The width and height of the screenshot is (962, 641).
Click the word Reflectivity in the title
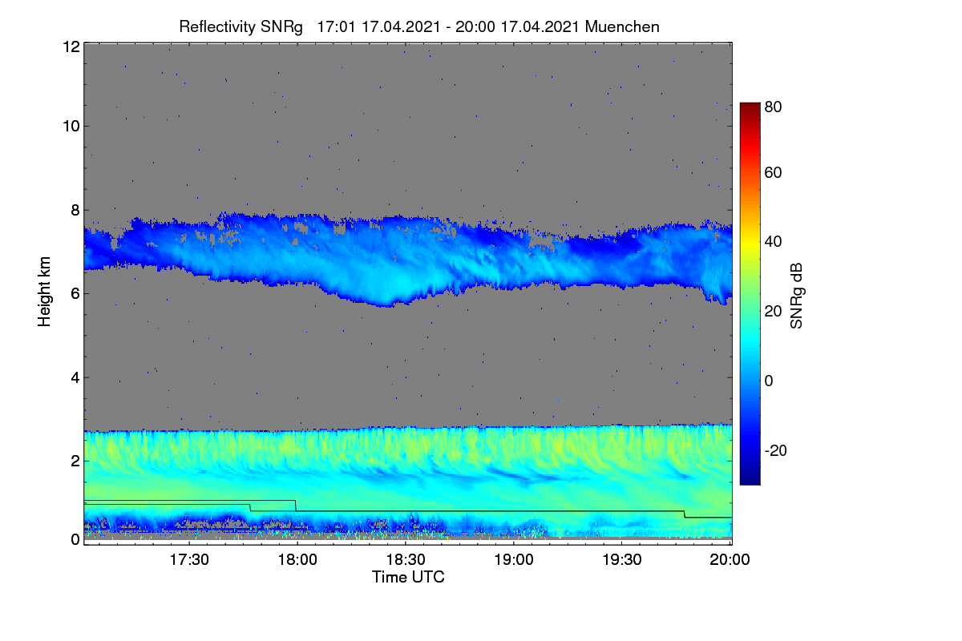coord(218,27)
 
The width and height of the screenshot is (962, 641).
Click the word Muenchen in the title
coord(622,26)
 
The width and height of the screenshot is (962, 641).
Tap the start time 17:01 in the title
coord(336,26)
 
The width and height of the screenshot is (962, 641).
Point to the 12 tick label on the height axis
coord(71,46)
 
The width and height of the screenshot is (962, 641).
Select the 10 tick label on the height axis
coord(71,127)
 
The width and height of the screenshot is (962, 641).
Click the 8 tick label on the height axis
coord(75,210)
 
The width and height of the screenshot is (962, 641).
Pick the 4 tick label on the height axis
coord(75,378)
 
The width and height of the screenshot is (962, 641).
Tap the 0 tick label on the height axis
coord(75,539)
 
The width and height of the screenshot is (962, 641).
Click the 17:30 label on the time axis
coord(189,559)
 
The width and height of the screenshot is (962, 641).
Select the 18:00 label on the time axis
coord(297,559)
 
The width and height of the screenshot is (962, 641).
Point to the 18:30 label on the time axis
coord(406,559)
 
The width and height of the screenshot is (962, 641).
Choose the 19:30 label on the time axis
coord(622,559)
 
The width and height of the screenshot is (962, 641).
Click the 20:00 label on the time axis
coord(730,559)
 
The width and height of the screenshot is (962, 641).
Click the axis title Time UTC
coord(408,577)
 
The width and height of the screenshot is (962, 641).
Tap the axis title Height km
coord(44,292)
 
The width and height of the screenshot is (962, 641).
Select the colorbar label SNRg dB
coord(796,296)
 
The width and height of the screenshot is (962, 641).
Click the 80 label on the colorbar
coord(773,107)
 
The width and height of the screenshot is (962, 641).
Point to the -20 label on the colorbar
coord(776,450)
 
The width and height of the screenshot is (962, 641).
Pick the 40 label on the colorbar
coord(773,242)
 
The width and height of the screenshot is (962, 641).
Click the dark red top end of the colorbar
coord(750,105)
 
